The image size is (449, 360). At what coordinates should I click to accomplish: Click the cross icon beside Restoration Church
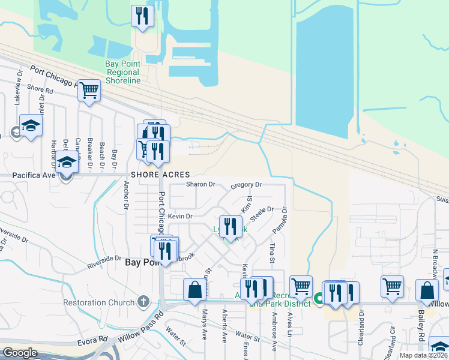coord(143,301)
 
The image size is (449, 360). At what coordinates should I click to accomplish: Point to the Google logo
coord(20,353)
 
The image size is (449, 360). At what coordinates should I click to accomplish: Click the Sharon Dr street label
coord(200,184)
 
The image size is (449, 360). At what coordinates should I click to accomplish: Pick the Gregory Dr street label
coord(246,185)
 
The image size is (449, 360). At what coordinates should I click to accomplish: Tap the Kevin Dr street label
coord(179,216)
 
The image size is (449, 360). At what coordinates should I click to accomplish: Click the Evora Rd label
coord(92,341)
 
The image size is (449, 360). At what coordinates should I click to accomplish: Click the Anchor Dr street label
coord(127,196)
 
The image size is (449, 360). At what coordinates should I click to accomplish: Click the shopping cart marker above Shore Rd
coord(89,91)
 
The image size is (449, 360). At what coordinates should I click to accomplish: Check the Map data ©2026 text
coord(424,355)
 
